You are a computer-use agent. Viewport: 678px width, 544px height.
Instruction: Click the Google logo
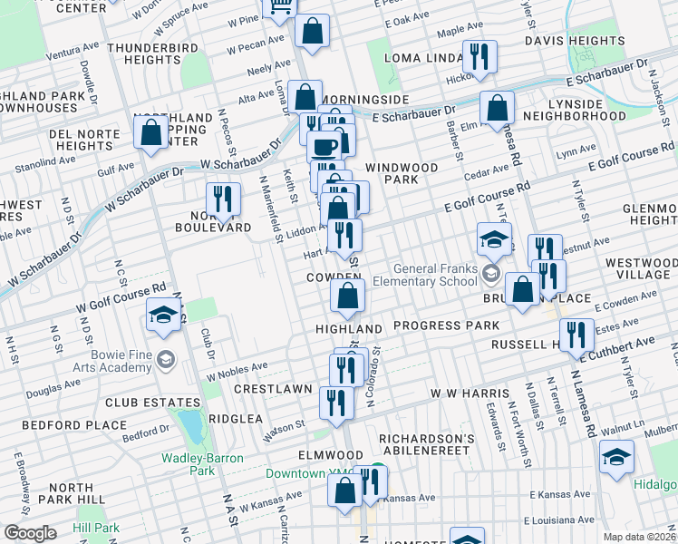(29, 533)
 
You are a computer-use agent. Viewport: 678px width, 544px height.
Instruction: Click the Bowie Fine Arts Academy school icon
(164, 359)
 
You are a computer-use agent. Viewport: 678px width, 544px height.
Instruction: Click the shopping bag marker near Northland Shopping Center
(150, 132)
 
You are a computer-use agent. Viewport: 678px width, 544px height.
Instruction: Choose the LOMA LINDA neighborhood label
(423, 58)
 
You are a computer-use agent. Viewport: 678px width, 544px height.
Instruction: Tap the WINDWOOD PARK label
(402, 174)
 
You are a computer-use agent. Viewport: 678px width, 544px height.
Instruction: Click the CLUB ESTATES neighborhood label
(152, 403)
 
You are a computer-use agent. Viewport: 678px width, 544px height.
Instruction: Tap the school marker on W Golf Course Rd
(163, 315)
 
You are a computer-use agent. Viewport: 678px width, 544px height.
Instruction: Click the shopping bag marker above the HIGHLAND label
(348, 295)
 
